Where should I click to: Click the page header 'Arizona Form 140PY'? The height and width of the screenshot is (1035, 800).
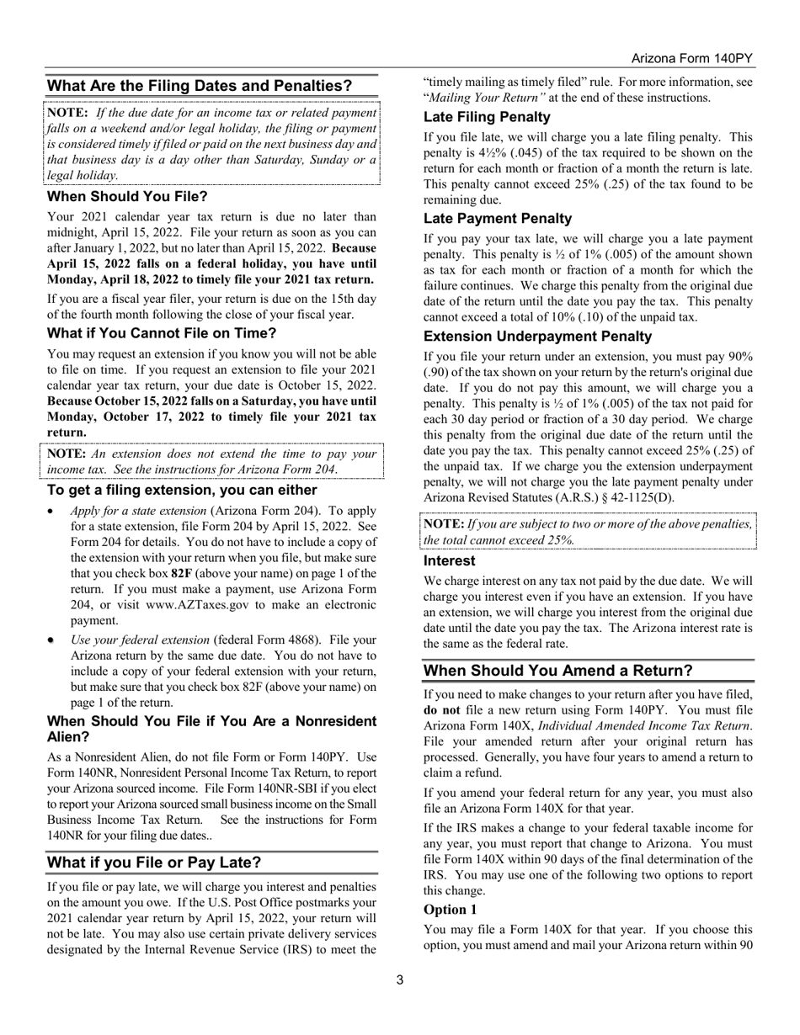pyautogui.click(x=691, y=59)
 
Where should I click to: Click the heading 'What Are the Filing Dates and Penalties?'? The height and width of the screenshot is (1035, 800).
pyautogui.click(x=200, y=86)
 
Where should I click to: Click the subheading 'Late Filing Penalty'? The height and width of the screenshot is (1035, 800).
pyautogui.click(x=487, y=117)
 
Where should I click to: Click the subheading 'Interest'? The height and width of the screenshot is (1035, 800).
pyautogui.click(x=449, y=560)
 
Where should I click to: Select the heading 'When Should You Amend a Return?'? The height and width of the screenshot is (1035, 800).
pyautogui.click(x=557, y=671)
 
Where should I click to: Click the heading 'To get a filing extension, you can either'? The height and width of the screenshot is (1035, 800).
pyautogui.click(x=182, y=490)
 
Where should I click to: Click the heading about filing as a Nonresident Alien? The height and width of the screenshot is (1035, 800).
pyautogui.click(x=211, y=729)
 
